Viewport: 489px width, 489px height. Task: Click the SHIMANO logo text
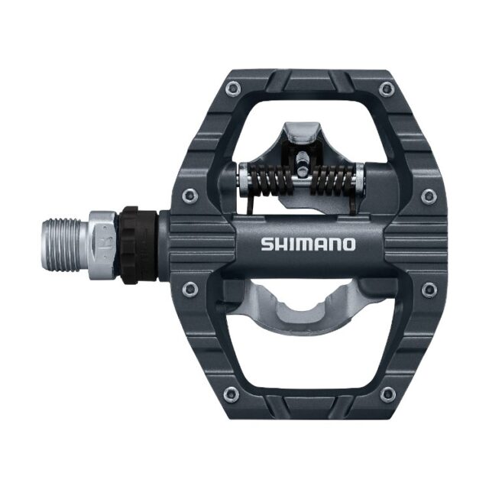click(x=308, y=244)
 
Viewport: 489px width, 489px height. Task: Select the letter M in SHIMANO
click(x=304, y=244)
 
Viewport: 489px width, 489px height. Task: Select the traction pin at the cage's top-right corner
click(x=386, y=90)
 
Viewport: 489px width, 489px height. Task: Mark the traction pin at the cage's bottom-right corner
click(x=388, y=393)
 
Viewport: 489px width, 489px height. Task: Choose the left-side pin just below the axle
click(x=190, y=288)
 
